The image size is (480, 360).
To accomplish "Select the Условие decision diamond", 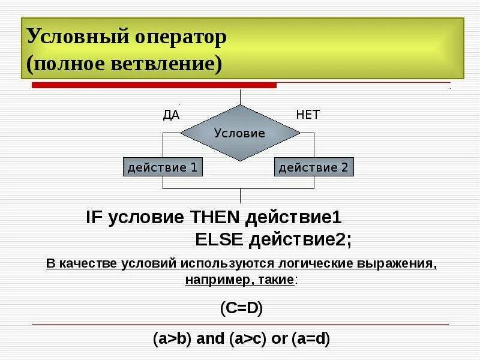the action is tap(240, 133).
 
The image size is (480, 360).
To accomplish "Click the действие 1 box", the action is tap(163, 167).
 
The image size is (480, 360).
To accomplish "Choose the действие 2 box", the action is tap(314, 167).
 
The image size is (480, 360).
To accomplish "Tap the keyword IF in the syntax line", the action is tap(95, 217).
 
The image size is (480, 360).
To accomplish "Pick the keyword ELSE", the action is tap(219, 239).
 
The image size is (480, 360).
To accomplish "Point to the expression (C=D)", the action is tap(241, 308).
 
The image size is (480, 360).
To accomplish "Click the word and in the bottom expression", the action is tap(210, 338).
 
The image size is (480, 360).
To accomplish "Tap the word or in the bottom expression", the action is tap(280, 338).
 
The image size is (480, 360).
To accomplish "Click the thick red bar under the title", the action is tap(154, 86).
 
